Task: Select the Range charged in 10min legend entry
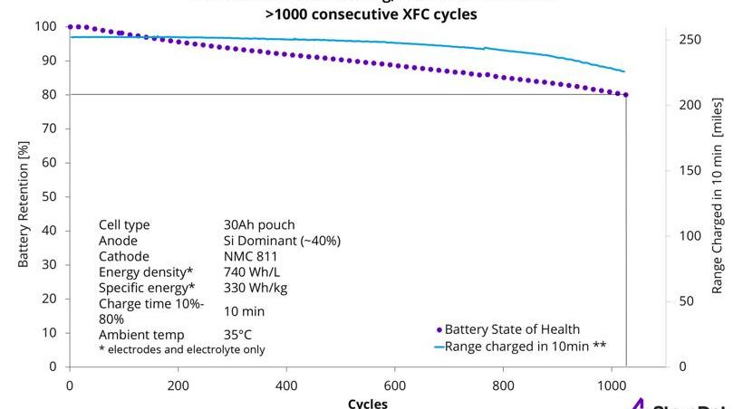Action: pyautogui.click(x=520, y=346)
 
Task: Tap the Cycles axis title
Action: pyautogui.click(x=367, y=403)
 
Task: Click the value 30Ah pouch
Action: pyautogui.click(x=258, y=225)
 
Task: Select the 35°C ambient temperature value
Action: pyautogui.click(x=239, y=334)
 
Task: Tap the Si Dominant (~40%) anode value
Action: pyautogui.click(x=282, y=241)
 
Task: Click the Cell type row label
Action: pyautogui.click(x=124, y=225)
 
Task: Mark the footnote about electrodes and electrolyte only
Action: pyautogui.click(x=181, y=349)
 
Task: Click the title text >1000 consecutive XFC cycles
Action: pyautogui.click(x=371, y=14)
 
